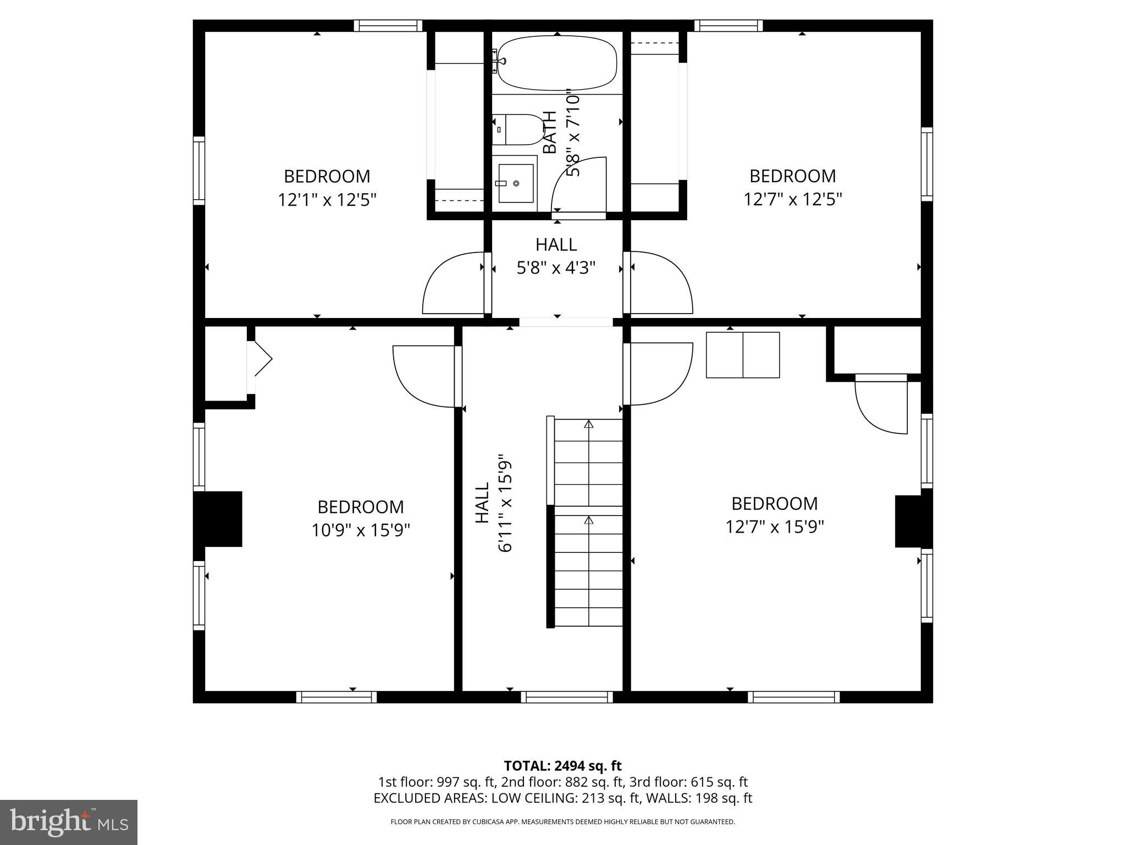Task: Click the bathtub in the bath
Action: (x=557, y=63)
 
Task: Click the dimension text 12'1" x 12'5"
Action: (x=327, y=199)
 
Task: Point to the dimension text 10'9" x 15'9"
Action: (x=361, y=530)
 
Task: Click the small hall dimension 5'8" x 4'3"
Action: (x=556, y=268)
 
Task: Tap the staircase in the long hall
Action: (x=588, y=523)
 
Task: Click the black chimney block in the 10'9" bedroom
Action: (x=218, y=519)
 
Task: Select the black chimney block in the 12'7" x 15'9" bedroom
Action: (x=913, y=521)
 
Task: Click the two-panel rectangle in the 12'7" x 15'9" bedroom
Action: (x=742, y=355)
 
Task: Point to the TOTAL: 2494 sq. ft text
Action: (x=562, y=766)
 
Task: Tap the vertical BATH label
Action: (x=550, y=132)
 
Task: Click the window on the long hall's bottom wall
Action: (x=566, y=697)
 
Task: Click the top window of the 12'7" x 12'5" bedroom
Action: (x=728, y=25)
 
